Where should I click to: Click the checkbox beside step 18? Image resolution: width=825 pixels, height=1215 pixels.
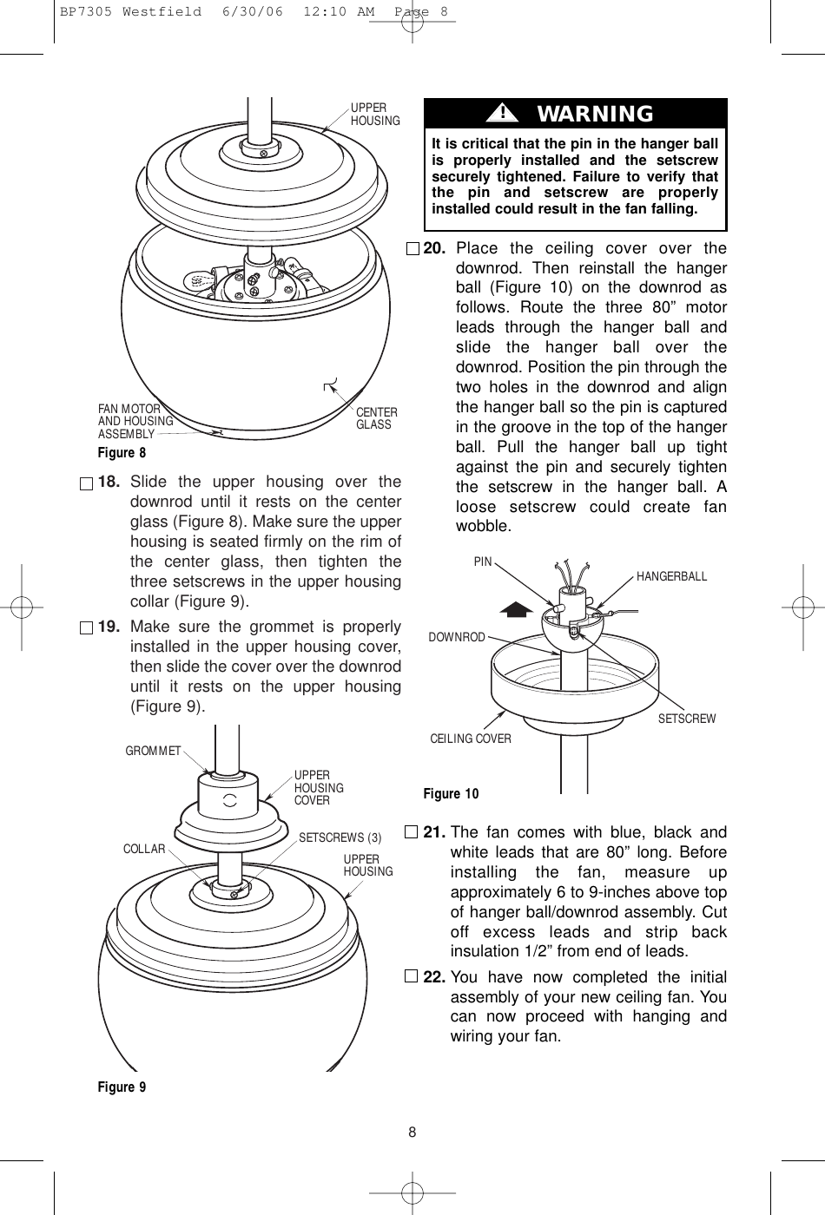pos(84,483)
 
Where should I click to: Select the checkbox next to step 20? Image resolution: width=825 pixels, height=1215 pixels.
pos(412,249)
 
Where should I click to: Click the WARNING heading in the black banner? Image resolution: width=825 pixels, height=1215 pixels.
pos(595,114)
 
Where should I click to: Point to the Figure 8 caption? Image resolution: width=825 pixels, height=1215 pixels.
pos(122,453)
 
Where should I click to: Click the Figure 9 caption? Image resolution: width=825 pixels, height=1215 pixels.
pos(122,1087)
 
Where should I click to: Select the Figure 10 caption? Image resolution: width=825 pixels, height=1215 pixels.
pos(451,793)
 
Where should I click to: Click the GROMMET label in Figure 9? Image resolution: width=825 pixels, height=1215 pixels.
pos(153,751)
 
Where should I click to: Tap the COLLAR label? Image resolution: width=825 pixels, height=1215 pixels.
pos(144,849)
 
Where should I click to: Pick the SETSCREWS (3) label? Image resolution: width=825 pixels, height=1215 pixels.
pos(340,837)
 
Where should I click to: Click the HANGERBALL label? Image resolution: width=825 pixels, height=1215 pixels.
pos(671,576)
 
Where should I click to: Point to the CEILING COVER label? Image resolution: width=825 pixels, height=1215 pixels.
pos(471,739)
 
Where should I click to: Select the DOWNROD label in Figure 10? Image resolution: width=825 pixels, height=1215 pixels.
pos(457,637)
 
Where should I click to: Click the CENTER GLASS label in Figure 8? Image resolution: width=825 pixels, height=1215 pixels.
pos(377,418)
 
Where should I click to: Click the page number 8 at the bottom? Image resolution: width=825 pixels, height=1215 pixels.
pos(412,1132)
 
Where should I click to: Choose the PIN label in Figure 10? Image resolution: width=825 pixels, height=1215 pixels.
pos(483,562)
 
